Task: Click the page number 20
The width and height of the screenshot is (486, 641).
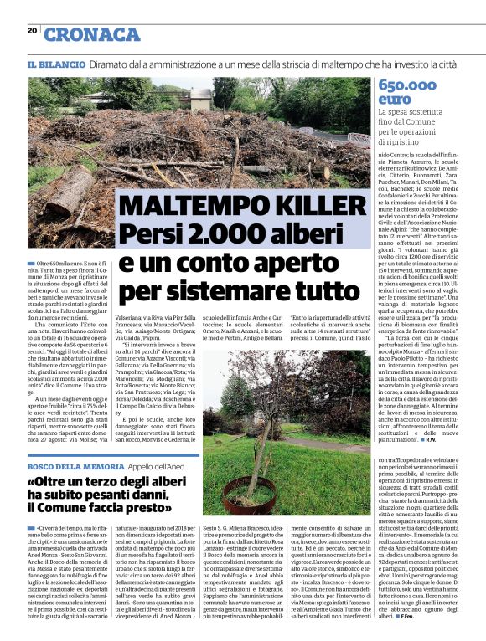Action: (x=32, y=30)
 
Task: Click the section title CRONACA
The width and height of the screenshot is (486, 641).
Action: (x=91, y=34)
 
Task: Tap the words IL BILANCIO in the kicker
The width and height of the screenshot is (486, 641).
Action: (x=56, y=64)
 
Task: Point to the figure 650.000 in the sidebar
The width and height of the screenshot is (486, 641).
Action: (x=410, y=85)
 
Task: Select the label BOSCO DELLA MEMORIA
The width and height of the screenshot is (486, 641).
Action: (x=64, y=465)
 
